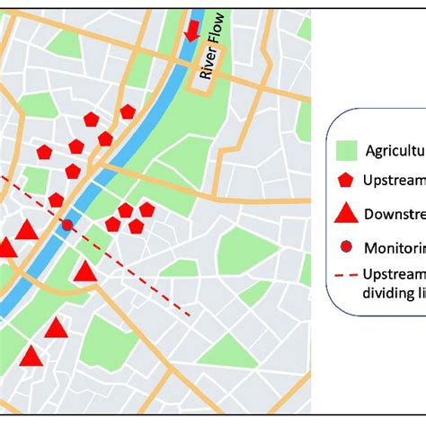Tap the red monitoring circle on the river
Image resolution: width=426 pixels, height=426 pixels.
[67, 225]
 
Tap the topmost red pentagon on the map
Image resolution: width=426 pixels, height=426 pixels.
[128, 111]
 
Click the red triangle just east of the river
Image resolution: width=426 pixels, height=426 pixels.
[85, 271]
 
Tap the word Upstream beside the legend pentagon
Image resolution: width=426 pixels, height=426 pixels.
[392, 180]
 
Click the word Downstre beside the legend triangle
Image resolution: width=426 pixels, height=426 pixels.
[393, 214]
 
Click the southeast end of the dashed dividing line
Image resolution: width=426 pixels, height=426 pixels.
[190, 315]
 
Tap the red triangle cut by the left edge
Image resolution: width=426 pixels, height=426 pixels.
[5, 248]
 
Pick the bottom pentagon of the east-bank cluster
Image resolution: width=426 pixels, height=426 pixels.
[136, 227]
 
